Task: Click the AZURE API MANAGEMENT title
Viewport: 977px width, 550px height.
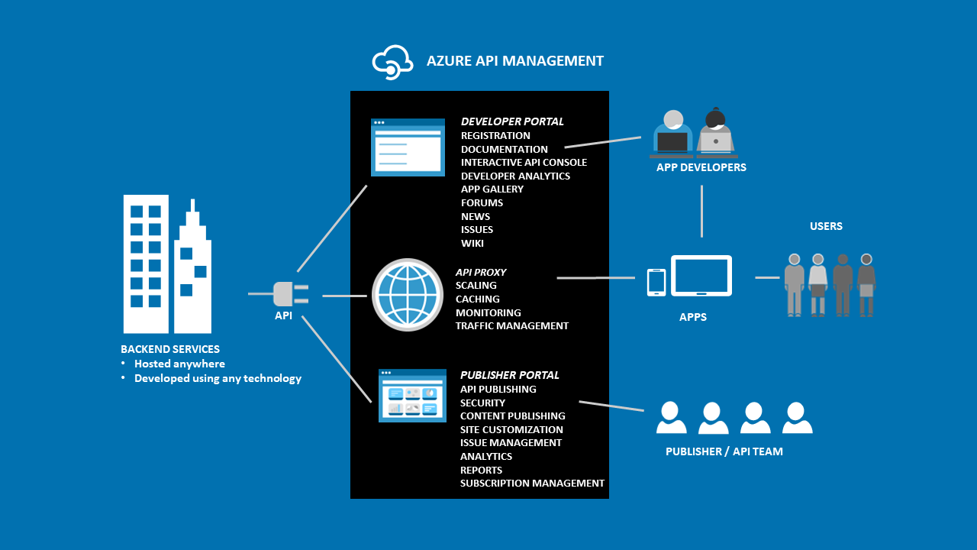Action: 514,61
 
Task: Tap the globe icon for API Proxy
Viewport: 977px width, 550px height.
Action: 408,295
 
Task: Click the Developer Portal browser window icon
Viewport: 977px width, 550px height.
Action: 408,147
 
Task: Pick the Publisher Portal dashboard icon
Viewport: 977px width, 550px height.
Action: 413,396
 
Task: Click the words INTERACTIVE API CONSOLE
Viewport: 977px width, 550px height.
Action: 524,163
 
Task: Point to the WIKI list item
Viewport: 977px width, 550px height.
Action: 472,244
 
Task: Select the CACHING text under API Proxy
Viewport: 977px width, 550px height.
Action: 478,299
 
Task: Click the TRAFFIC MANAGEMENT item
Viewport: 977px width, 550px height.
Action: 512,326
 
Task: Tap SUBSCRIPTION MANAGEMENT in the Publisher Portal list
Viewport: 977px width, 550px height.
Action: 532,484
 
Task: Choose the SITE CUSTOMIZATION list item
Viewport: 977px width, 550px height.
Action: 511,430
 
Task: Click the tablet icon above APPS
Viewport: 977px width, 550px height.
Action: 701,276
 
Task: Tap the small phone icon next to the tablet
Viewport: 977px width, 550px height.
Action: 656,282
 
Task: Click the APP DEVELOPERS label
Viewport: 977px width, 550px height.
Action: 701,167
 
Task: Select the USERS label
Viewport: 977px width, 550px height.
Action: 826,227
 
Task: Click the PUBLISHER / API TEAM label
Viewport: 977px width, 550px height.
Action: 724,451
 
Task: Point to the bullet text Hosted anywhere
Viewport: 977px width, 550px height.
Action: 179,364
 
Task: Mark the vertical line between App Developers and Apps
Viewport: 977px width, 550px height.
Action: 701,211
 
